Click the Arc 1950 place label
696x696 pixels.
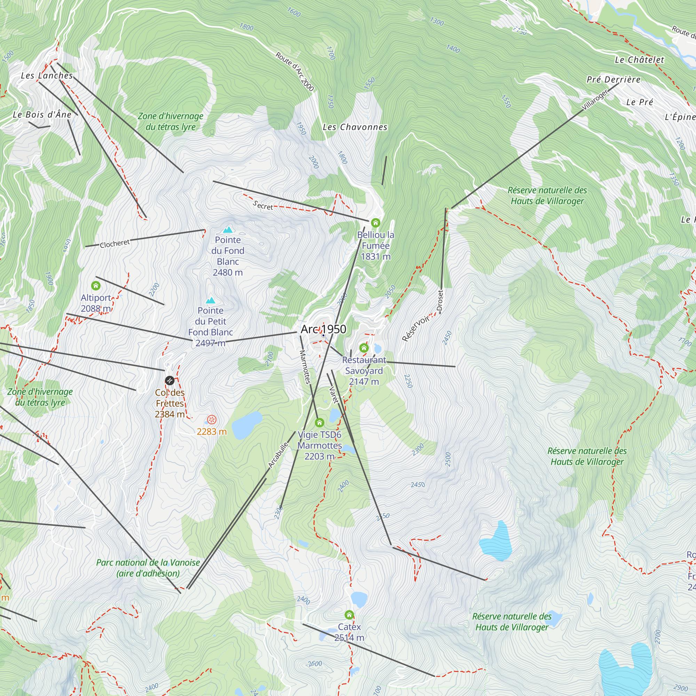tap(323, 329)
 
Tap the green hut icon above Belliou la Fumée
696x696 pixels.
tap(375, 223)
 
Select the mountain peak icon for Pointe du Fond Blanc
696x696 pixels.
tap(228, 229)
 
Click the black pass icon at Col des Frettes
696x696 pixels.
tap(169, 380)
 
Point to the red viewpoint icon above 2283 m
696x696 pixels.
tap(212, 420)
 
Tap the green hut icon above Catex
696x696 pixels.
tap(349, 615)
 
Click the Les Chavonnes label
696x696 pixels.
tap(355, 127)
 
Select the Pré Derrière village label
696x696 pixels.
tap(614, 80)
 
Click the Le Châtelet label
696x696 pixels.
tap(639, 60)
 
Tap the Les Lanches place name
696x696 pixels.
tap(47, 76)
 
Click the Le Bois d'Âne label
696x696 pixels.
tap(42, 114)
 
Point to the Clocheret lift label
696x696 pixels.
tap(114, 244)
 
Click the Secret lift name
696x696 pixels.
tap(263, 205)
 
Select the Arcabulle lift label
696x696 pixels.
tap(278, 455)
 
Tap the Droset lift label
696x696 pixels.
tap(440, 300)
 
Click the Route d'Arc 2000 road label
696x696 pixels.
tap(295, 71)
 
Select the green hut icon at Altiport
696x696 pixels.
tap(95, 286)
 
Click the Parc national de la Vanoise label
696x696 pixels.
tap(148, 568)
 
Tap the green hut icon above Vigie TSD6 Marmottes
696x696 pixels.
tap(319, 422)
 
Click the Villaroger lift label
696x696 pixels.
tap(595, 99)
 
